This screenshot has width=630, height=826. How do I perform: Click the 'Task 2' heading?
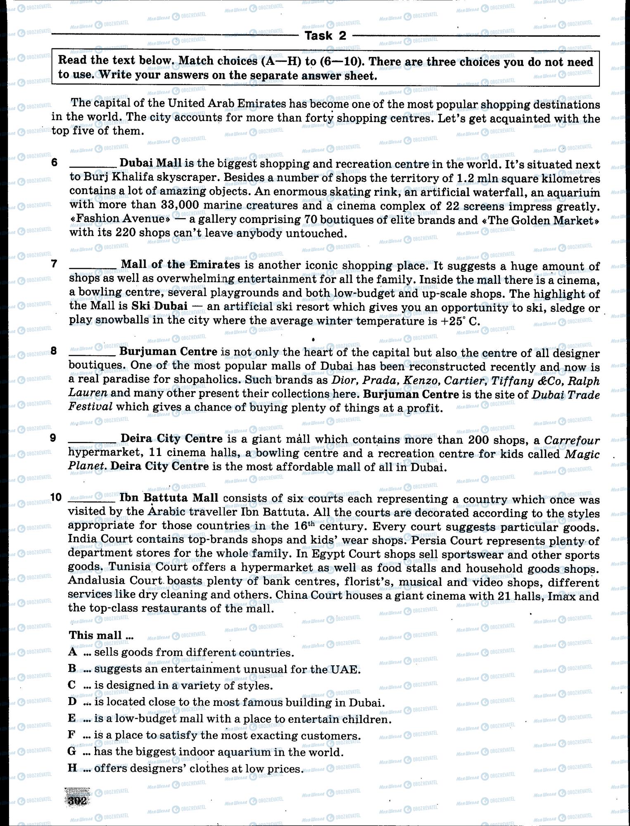(325, 36)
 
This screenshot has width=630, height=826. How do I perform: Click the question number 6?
(55, 162)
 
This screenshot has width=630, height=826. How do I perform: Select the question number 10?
(56, 497)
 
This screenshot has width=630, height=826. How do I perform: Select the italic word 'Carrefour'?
(572, 440)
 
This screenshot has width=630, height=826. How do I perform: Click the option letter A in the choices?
(73, 652)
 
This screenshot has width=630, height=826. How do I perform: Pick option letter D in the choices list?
(73, 702)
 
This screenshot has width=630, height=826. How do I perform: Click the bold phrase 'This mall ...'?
(101, 635)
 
